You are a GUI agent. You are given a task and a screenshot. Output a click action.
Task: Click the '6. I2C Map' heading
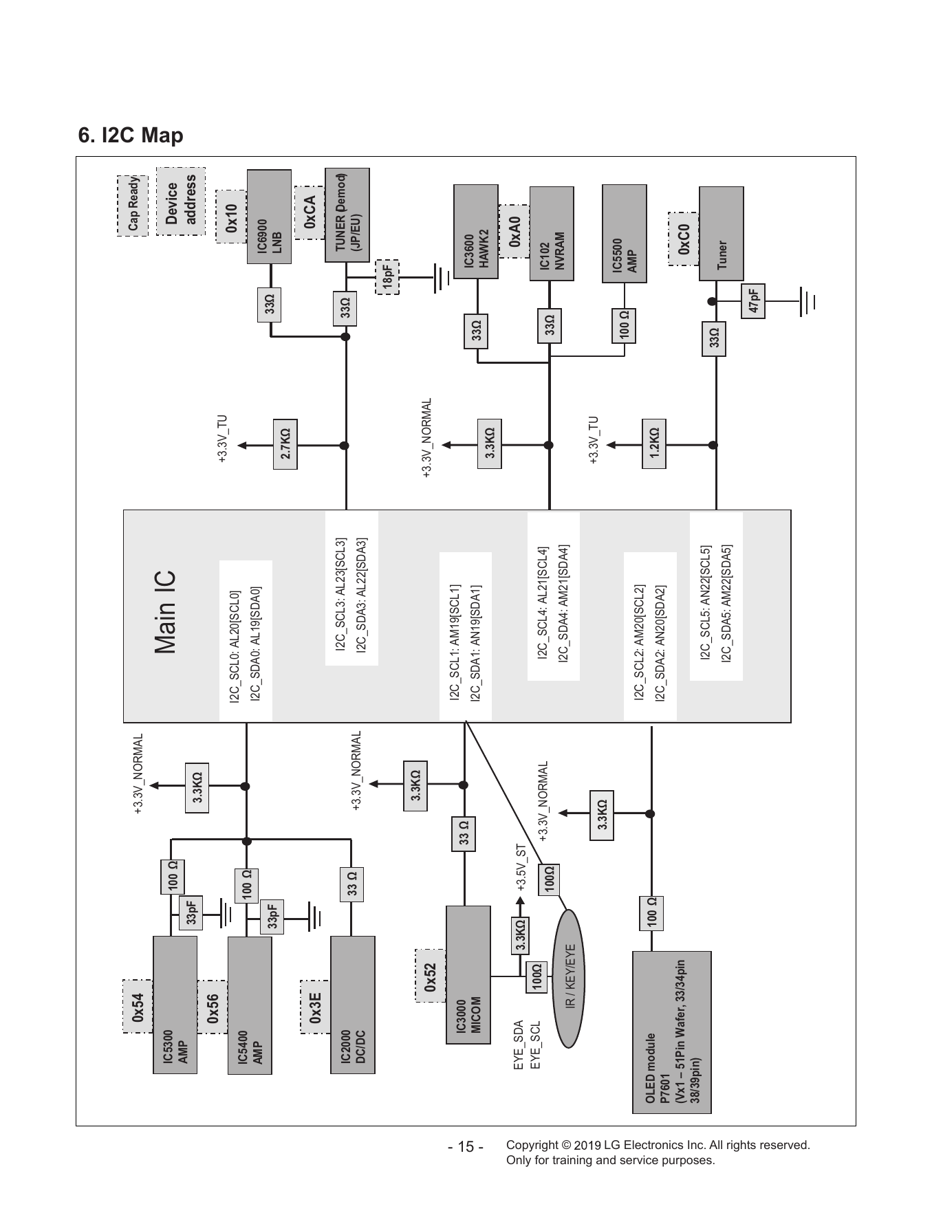pyautogui.click(x=131, y=135)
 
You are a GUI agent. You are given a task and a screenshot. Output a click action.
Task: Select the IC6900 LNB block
pyautogui.click(x=269, y=217)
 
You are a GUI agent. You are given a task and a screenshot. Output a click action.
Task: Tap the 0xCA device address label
pyautogui.click(x=310, y=212)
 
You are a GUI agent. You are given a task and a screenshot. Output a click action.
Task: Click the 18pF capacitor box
pyautogui.click(x=387, y=277)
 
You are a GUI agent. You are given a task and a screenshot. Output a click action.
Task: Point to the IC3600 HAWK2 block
pyautogui.click(x=476, y=232)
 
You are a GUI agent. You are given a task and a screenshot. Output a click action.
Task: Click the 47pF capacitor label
pyautogui.click(x=754, y=300)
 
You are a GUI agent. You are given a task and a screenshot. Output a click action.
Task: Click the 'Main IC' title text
pyautogui.click(x=166, y=612)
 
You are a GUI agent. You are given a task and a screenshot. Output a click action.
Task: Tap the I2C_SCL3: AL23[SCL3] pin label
pyautogui.click(x=340, y=595)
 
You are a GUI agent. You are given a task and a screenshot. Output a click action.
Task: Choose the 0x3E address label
pyautogui.click(x=316, y=1006)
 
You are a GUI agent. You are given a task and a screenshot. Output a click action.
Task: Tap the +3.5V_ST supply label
pyautogui.click(x=521, y=868)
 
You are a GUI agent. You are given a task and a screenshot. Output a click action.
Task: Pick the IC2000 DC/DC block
pyautogui.click(x=353, y=1005)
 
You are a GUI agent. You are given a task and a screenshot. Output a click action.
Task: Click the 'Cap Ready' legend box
pyautogui.click(x=132, y=206)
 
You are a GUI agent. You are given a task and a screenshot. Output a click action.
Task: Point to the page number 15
pyautogui.click(x=466, y=1148)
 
